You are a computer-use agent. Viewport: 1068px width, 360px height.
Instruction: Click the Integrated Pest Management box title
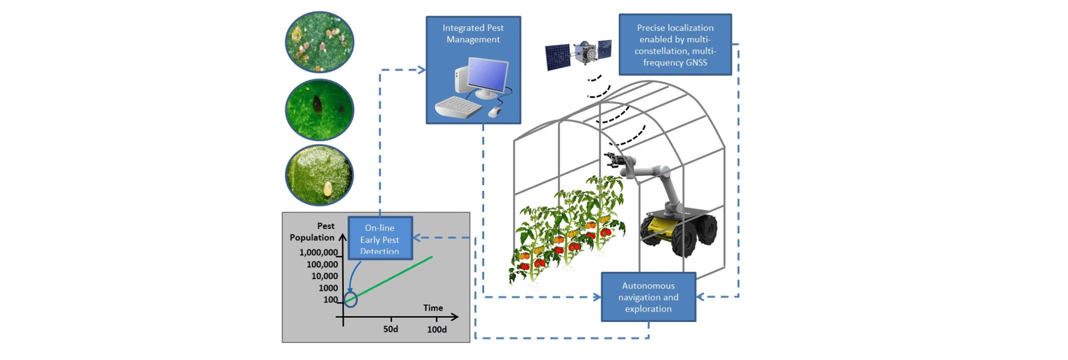pyautogui.click(x=473, y=33)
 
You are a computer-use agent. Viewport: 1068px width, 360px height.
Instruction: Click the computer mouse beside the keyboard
pyautogui.click(x=494, y=111)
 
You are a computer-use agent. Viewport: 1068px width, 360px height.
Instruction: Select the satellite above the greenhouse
pyautogui.click(x=578, y=54)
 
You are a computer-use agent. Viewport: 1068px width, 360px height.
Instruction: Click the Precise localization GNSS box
pyautogui.click(x=674, y=45)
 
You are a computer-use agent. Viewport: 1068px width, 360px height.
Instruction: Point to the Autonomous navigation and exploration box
pyautogui.click(x=648, y=297)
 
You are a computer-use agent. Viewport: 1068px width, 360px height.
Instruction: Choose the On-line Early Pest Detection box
pyautogui.click(x=380, y=239)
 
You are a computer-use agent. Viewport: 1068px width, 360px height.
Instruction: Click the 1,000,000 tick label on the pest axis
pyautogui.click(x=318, y=253)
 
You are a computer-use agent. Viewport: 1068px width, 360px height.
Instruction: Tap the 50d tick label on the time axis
pyautogui.click(x=391, y=329)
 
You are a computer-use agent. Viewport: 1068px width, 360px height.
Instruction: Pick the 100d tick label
pyautogui.click(x=437, y=329)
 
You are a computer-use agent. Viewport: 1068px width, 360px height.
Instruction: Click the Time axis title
pyautogui.click(x=433, y=308)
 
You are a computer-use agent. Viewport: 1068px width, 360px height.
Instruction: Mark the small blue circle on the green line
pyautogui.click(x=350, y=299)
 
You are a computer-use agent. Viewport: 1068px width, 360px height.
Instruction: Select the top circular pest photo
pyautogui.click(x=320, y=42)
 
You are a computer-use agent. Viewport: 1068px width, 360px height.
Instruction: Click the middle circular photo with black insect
pyautogui.click(x=320, y=110)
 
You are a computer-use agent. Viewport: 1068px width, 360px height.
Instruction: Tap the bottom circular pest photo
pyautogui.click(x=320, y=175)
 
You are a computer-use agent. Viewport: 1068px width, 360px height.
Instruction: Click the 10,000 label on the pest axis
pyautogui.click(x=325, y=276)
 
